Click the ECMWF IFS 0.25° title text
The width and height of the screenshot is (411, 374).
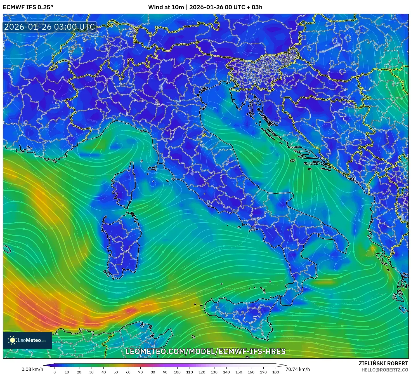tap(28, 7)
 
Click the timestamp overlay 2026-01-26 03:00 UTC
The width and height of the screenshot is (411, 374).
tap(49, 27)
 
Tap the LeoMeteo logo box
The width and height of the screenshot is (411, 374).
tap(27, 340)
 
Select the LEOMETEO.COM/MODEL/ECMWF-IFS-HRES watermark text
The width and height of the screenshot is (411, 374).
tap(206, 351)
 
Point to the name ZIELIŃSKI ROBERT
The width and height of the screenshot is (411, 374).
tap(383, 363)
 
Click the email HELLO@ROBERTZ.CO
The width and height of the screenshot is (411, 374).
tap(385, 370)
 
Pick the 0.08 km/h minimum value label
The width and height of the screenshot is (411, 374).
tap(32, 369)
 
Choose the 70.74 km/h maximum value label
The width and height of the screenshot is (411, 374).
tap(297, 369)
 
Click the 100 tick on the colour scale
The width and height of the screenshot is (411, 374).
tap(177, 372)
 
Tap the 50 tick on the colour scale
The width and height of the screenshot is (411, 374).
tap(116, 372)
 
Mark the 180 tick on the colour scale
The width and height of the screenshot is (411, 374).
tap(276, 372)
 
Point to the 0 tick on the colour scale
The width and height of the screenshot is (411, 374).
tap(55, 372)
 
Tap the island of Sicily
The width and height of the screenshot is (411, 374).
tap(240, 316)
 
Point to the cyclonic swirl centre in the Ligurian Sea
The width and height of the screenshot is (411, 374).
tap(119, 145)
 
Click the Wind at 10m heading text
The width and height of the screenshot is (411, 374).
tap(205, 7)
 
